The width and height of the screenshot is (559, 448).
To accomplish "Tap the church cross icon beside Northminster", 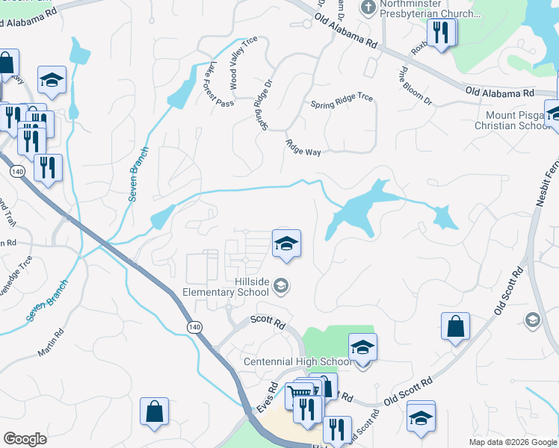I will pos(367,8).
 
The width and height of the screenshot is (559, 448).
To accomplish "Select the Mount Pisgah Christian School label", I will pos(513,120).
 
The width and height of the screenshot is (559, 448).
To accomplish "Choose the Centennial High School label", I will pos(297,362).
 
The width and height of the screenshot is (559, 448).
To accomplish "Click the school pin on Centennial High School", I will pos(362,348).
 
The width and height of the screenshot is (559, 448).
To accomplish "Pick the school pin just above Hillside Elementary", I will pos(286,243).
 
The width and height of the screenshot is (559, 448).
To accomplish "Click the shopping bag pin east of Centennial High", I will pos(455,326).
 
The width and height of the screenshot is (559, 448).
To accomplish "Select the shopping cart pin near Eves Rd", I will pos(298,393).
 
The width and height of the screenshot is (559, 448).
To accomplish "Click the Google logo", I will pos(25,438).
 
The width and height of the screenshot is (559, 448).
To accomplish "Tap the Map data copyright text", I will pos(513,442).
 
